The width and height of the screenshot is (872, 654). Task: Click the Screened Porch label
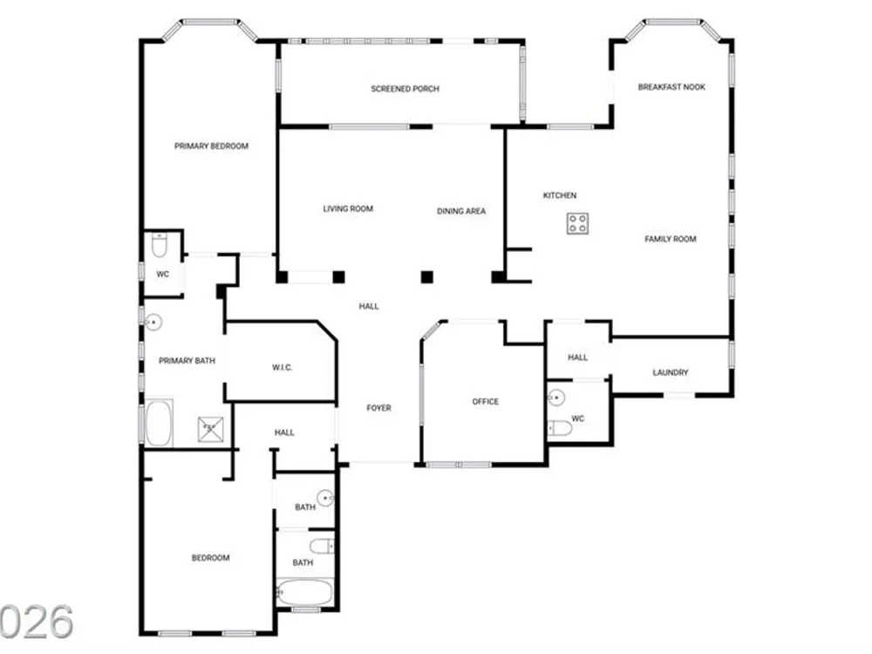(405, 88)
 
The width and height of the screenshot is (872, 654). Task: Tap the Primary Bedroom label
(211, 146)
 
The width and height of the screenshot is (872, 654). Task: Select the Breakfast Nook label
(671, 86)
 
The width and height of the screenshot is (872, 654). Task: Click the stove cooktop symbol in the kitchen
(577, 223)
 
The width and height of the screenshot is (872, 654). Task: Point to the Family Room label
(670, 239)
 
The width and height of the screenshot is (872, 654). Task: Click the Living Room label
(348, 209)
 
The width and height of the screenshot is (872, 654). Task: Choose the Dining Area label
(461, 211)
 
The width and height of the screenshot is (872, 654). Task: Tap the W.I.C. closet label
(282, 368)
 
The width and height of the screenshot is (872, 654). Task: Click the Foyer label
(378, 408)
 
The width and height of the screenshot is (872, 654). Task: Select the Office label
(486, 401)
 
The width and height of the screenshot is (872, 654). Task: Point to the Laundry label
(670, 372)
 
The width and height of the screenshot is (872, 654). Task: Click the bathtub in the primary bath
(159, 423)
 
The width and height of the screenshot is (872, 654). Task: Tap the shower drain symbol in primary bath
(211, 429)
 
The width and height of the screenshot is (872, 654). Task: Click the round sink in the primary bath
(153, 322)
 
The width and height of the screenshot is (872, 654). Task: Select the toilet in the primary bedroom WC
(159, 246)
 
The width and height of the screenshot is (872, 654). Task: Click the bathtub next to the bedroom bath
(304, 592)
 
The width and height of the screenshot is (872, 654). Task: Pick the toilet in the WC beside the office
(561, 428)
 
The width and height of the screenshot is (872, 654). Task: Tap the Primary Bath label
(187, 361)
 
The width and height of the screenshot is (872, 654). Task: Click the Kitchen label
(560, 195)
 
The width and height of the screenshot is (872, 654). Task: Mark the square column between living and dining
(426, 276)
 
